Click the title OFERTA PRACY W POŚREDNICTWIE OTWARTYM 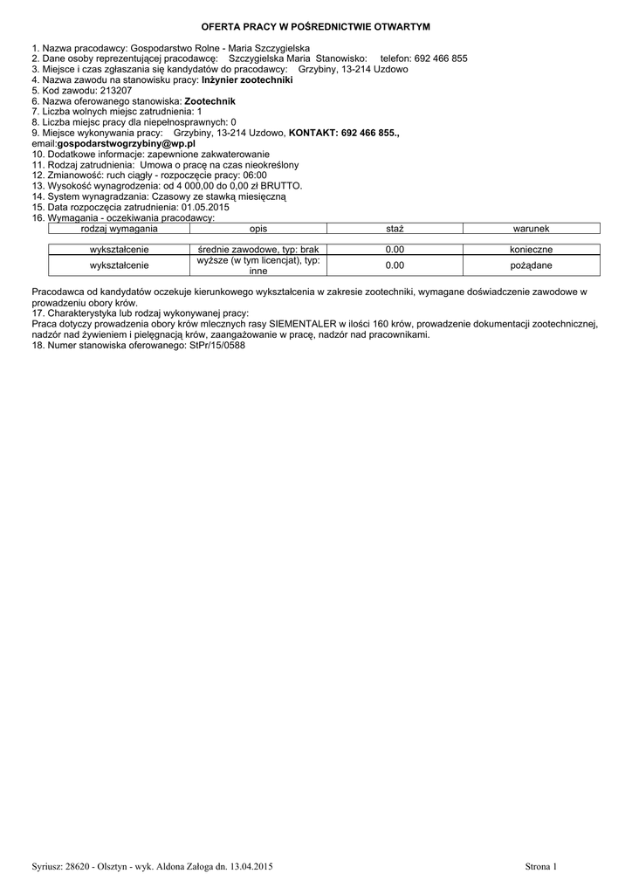(x=316, y=28)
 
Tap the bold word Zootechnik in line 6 (x=210, y=100)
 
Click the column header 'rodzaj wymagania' (x=119, y=228)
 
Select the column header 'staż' (x=395, y=228)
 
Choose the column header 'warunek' (x=531, y=228)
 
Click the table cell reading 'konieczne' (x=531, y=249)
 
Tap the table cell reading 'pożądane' (x=531, y=265)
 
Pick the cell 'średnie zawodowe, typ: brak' (x=258, y=249)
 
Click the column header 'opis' (x=258, y=228)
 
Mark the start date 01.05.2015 (x=205, y=207)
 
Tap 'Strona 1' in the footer (x=540, y=866)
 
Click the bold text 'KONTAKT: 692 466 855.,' (x=344, y=132)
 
